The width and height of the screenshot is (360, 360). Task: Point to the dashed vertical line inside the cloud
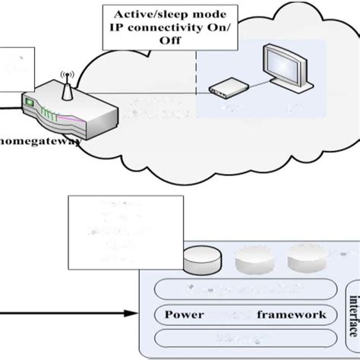[197, 76]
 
